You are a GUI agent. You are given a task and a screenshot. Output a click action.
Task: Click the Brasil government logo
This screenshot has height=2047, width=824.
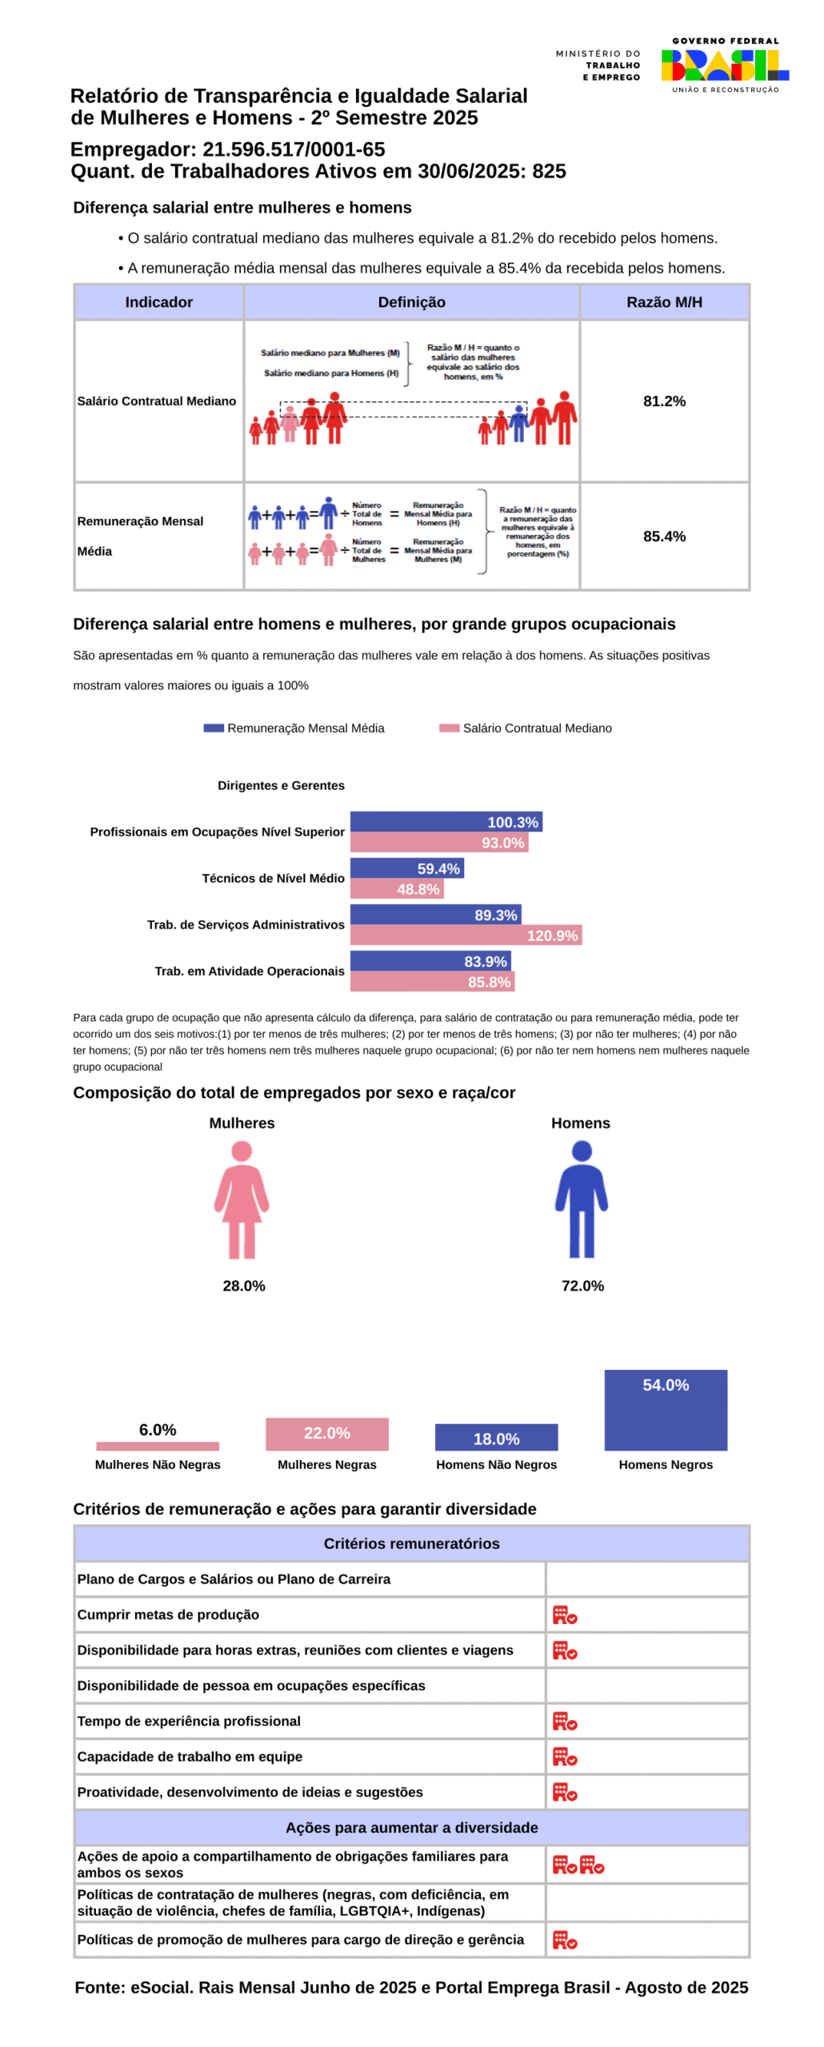click(x=724, y=65)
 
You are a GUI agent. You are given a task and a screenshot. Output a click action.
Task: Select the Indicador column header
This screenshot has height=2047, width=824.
click(x=158, y=301)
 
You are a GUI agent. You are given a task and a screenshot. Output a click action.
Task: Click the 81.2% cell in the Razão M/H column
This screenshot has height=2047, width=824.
click(x=663, y=401)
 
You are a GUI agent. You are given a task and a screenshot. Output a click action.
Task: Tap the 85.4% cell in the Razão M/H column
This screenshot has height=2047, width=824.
click(x=663, y=536)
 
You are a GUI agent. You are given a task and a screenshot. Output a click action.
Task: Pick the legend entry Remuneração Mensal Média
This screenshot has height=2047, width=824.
click(x=294, y=727)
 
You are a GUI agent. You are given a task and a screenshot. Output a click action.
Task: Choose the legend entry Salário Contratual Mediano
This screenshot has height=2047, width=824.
click(x=526, y=727)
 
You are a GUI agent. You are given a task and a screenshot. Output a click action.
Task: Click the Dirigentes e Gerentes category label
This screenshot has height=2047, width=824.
click(x=281, y=784)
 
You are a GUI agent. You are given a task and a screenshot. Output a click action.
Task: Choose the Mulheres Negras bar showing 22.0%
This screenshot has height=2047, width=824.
click(x=326, y=1432)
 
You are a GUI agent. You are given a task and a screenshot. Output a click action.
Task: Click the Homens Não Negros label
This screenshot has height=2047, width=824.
click(x=496, y=1463)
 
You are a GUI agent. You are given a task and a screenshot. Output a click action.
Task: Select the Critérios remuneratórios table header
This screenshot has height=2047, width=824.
click(x=411, y=1542)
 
